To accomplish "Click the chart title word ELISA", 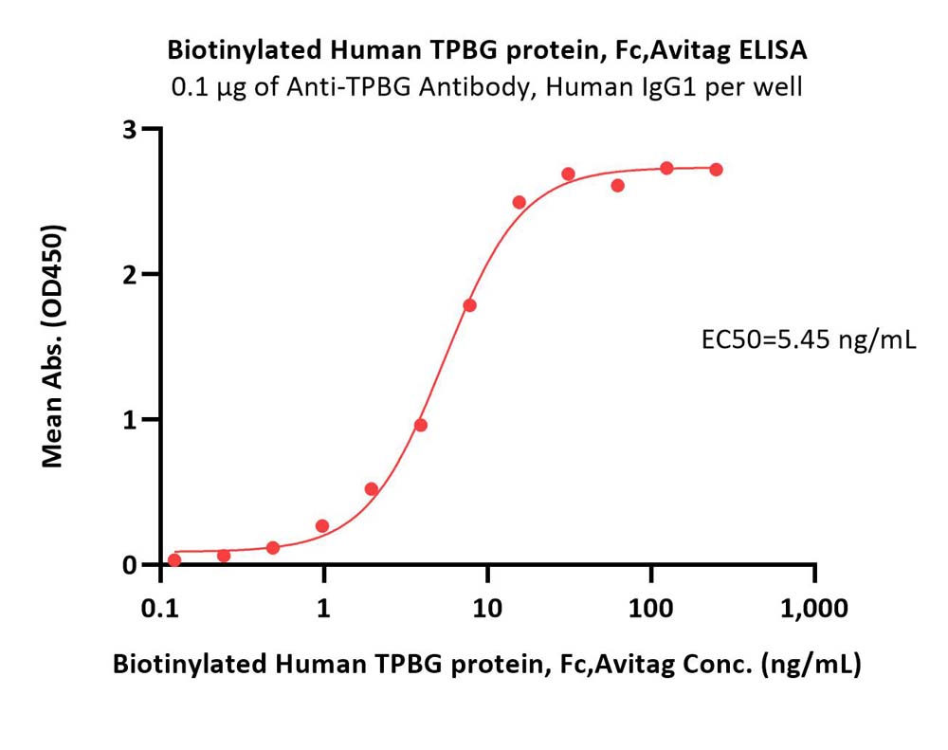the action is [x=773, y=50].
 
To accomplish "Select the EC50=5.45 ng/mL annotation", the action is [x=809, y=340].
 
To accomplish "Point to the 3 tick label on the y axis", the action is [x=129, y=130].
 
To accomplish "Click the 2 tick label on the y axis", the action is [x=129, y=275].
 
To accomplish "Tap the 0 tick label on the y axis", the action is [x=129, y=565].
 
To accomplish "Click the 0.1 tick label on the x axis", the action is [x=161, y=608].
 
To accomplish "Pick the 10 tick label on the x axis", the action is [x=487, y=608].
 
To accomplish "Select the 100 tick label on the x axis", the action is [x=651, y=608].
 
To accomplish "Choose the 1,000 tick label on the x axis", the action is [x=814, y=608].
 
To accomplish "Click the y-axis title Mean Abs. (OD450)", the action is [x=52, y=346].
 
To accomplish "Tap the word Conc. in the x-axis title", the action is [x=718, y=664].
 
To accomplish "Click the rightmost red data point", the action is [x=717, y=170].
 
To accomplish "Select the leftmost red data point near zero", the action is [x=174, y=560].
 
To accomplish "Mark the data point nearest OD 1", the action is [x=421, y=425].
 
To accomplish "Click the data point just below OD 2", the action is [x=470, y=305].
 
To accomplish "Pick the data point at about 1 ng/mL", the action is [x=322, y=525].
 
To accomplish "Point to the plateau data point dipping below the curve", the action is [x=617, y=185].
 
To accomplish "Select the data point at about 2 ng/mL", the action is [x=372, y=488].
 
